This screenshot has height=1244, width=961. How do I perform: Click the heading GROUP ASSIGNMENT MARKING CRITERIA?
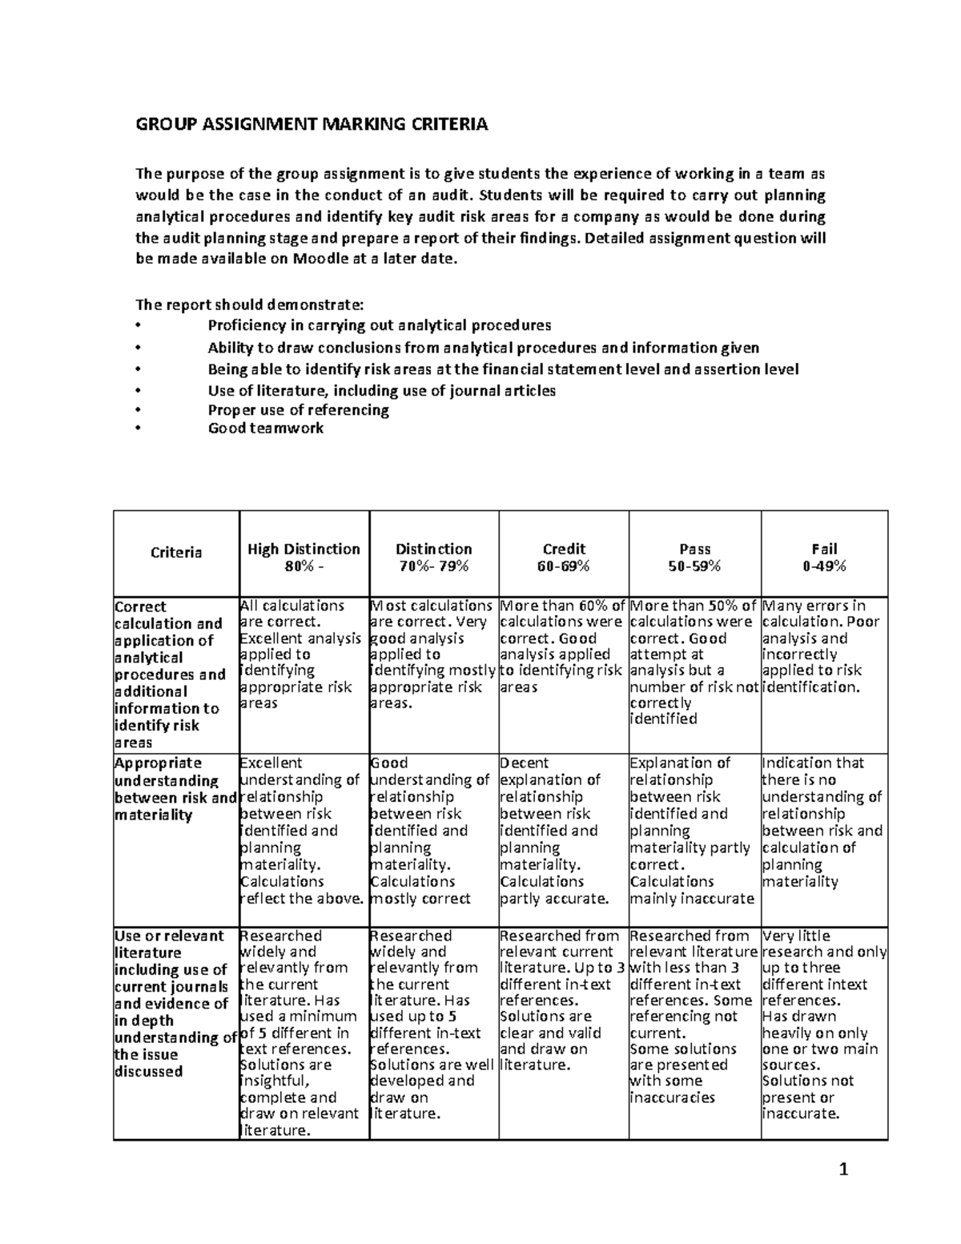click(x=311, y=124)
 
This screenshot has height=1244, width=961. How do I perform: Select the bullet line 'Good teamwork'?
click(x=265, y=428)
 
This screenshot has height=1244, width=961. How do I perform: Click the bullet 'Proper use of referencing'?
click(x=298, y=409)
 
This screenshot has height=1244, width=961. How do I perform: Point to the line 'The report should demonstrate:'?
click(x=249, y=304)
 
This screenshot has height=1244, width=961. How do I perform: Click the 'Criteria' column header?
click(x=176, y=553)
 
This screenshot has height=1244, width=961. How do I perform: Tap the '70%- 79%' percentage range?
click(x=433, y=566)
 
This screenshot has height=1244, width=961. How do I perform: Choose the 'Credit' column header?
click(x=564, y=549)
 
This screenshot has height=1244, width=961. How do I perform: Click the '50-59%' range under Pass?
click(x=694, y=566)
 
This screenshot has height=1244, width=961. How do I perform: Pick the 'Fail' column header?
click(x=824, y=549)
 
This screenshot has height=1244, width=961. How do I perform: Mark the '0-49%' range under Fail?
click(x=824, y=566)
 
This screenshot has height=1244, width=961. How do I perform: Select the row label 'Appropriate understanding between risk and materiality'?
click(x=175, y=789)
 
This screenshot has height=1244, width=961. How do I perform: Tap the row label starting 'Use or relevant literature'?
click(x=175, y=1003)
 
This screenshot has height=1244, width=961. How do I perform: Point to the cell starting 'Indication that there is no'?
click(x=822, y=822)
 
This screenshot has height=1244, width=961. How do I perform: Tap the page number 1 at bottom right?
click(x=842, y=1171)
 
